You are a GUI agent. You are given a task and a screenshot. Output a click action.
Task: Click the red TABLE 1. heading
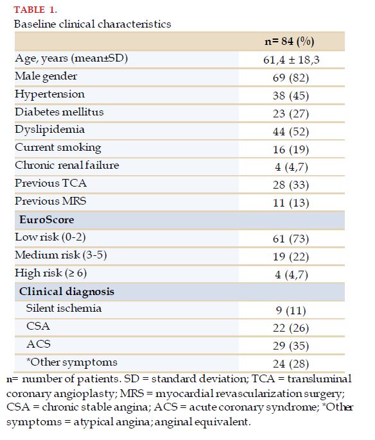(35, 10)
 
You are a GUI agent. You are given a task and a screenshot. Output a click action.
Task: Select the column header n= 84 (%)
(290, 42)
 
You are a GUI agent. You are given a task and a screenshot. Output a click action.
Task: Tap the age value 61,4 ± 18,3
(292, 60)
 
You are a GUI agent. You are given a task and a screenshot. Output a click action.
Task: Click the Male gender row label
(46, 76)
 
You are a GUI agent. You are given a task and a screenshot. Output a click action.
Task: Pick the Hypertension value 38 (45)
(291, 96)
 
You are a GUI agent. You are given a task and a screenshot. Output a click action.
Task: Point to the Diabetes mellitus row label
(59, 112)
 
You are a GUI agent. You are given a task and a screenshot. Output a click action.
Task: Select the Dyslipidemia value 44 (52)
(291, 131)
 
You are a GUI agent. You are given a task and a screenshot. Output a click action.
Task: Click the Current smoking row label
(58, 148)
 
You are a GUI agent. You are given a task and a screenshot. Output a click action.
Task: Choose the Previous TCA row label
(51, 183)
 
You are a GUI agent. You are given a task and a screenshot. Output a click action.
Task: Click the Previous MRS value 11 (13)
(291, 203)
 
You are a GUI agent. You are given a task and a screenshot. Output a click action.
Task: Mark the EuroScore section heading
(47, 219)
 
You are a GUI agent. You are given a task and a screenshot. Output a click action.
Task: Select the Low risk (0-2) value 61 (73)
(291, 239)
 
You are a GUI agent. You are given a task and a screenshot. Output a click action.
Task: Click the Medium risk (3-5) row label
(60, 255)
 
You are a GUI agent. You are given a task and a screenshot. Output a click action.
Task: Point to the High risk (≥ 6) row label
(51, 273)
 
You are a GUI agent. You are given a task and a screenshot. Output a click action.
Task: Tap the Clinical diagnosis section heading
(67, 292)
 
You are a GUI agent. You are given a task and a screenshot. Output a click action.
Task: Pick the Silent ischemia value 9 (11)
(291, 310)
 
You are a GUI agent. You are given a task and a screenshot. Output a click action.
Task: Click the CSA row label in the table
(38, 326)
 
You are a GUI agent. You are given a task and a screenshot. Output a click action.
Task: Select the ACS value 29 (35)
(291, 346)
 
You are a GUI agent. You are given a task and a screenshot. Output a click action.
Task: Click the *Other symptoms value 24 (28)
(291, 364)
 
